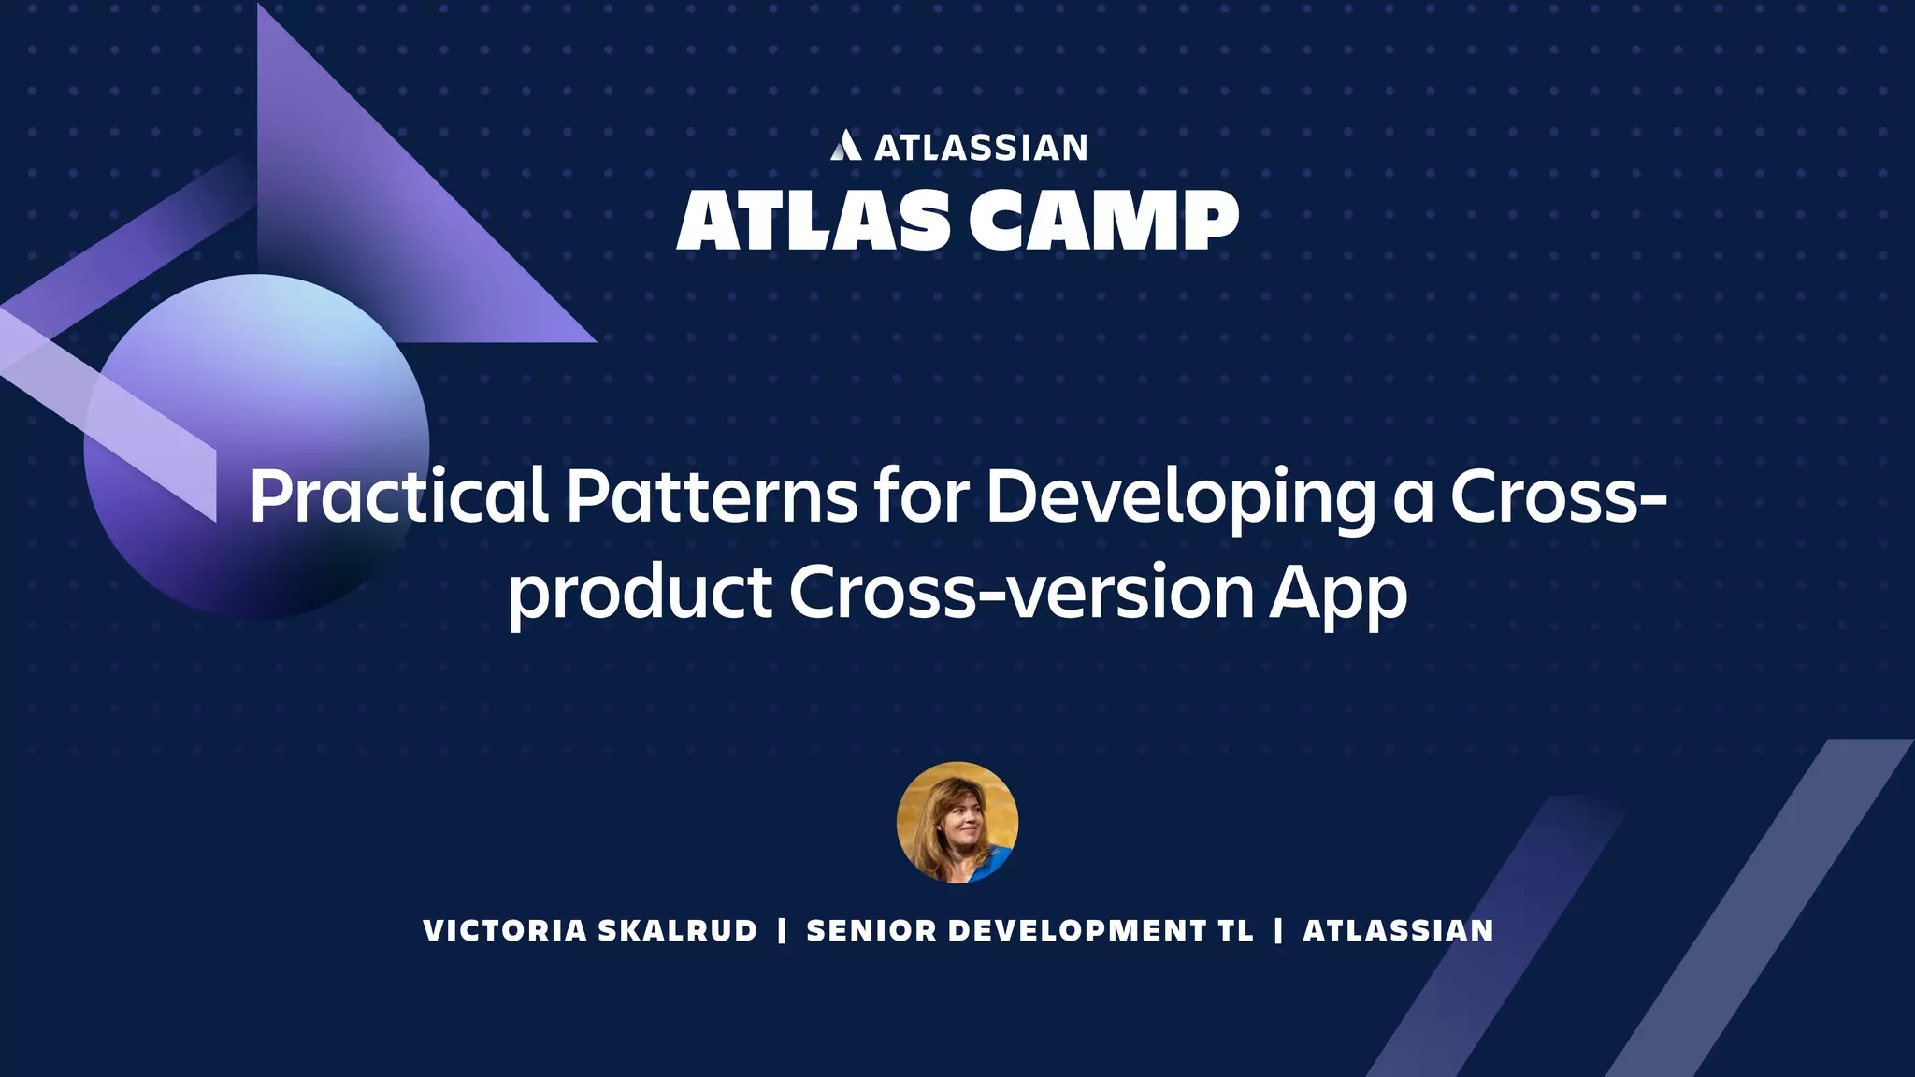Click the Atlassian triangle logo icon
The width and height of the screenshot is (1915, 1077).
[845, 146]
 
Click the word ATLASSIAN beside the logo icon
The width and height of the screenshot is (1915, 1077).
[981, 148]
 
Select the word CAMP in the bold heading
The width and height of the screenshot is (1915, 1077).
[1103, 221]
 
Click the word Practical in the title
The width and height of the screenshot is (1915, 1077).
[397, 496]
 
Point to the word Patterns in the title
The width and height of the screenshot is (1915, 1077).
[712, 496]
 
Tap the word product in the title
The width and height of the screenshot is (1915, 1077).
[640, 594]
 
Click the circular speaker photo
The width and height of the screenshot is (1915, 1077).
[957, 823]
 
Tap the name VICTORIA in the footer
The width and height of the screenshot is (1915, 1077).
[505, 931]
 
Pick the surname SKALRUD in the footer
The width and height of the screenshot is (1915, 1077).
[677, 931]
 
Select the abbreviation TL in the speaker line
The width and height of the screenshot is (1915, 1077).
[1235, 931]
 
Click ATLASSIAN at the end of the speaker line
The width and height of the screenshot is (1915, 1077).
[1398, 931]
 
